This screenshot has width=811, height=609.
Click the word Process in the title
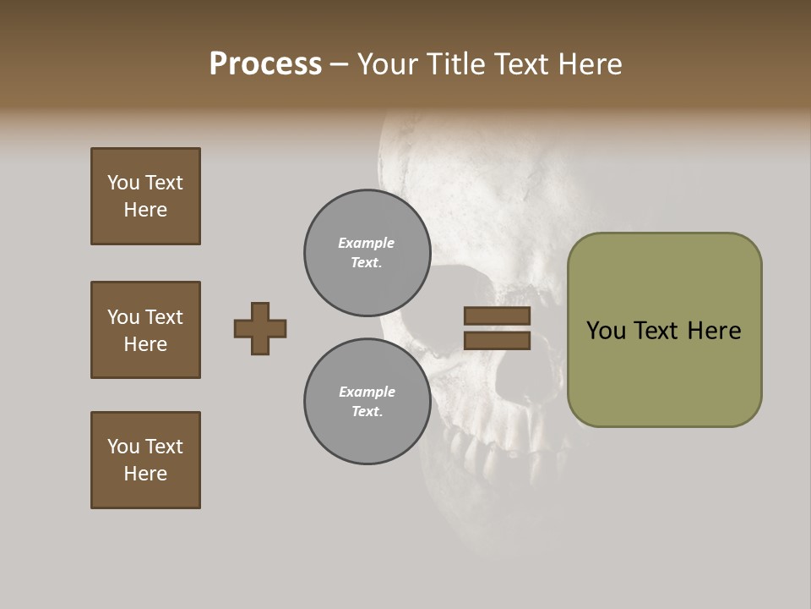coord(265,64)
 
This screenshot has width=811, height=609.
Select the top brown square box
coord(145,196)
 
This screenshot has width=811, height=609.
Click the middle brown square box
coord(145,330)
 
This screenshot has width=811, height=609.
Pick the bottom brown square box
coord(145,460)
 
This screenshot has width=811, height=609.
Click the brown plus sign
coord(260,328)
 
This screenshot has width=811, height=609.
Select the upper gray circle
coord(367,253)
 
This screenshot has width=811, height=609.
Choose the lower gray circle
coord(367,402)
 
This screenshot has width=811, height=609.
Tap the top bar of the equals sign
coord(497,316)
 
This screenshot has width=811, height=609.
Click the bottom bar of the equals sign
coord(497,341)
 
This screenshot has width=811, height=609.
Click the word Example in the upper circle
coord(367,243)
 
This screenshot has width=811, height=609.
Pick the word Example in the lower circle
coord(367,392)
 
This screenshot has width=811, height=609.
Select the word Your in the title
coord(384,64)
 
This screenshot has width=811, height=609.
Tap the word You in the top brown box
coord(122,183)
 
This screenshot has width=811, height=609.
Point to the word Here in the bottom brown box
coord(145,474)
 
